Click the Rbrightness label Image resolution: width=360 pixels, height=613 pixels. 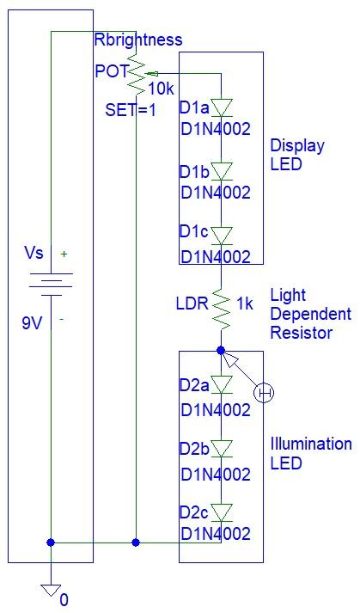coord(137,40)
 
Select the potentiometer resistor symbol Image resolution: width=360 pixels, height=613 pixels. coord(136,76)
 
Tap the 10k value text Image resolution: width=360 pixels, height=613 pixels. coord(162,89)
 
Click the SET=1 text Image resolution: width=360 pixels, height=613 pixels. coord(131,110)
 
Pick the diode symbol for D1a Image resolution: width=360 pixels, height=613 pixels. coord(222,107)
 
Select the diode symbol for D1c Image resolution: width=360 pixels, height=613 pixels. coord(222,234)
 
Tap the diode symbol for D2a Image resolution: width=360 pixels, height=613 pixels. coord(222,384)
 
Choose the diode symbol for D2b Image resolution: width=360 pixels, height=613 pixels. coord(222,448)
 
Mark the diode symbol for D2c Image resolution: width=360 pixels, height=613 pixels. coord(222,512)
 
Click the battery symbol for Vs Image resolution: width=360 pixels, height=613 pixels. coord(51,283)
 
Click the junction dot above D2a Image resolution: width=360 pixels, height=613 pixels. coord(222,351)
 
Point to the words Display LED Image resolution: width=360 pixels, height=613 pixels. coord(297,155)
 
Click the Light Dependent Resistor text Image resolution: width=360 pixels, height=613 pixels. coord(310,314)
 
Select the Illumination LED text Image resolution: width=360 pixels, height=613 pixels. coord(311,453)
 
